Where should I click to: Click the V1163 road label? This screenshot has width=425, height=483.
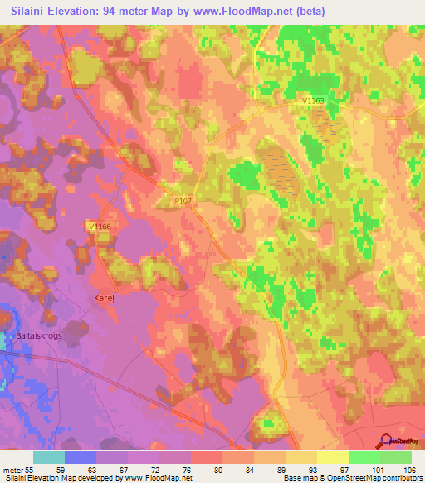coord(313,100)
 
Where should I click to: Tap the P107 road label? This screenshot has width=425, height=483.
coord(183,200)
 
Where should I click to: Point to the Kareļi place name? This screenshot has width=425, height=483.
coord(103,297)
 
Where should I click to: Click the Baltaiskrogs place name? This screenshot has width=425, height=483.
coord(40,336)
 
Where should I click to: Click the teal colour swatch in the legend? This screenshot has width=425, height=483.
coord(48,457)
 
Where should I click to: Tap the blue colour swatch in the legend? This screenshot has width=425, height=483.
coord(80,457)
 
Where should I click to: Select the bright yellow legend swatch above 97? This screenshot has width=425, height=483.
coord(332,457)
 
